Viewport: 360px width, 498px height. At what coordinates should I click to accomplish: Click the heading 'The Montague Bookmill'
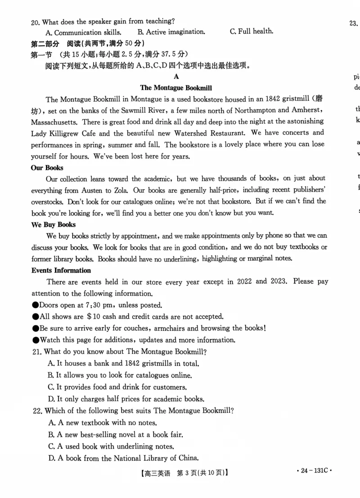176,88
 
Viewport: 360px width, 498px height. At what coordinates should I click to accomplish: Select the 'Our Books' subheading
47,168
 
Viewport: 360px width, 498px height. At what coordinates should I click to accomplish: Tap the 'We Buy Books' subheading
53,225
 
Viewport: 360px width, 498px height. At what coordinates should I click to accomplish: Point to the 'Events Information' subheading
61,271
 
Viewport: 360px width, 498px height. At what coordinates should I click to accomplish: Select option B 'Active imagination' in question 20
171,32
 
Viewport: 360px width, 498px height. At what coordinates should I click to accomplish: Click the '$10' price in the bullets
95,317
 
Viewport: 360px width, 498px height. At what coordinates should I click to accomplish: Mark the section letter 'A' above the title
176,77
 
